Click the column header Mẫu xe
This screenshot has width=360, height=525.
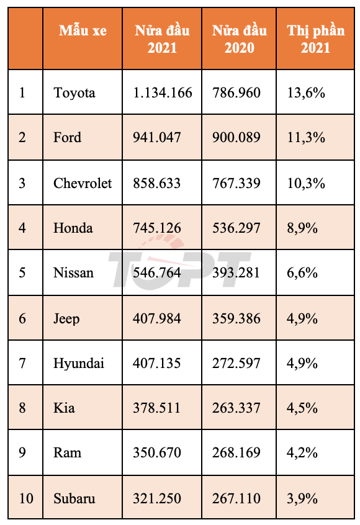click(x=83, y=31)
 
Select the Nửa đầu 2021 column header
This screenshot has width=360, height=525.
click(x=162, y=39)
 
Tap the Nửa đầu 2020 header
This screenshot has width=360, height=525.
click(x=239, y=39)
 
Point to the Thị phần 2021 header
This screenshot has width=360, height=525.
click(x=315, y=39)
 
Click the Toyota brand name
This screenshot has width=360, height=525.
click(x=74, y=92)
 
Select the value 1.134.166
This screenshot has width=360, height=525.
click(x=163, y=92)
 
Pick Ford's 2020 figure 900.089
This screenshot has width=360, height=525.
click(x=236, y=137)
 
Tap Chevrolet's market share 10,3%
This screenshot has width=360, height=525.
click(x=306, y=183)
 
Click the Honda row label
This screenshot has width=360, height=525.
click(x=73, y=228)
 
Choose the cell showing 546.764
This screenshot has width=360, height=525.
click(x=157, y=272)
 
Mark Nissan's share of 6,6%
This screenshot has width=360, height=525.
click(x=302, y=273)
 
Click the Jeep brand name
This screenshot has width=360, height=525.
click(x=66, y=318)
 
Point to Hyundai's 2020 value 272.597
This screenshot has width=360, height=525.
click(x=236, y=363)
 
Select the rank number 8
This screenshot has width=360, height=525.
click(x=22, y=408)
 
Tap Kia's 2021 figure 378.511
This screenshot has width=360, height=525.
click(x=157, y=408)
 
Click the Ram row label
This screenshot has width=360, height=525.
click(x=67, y=452)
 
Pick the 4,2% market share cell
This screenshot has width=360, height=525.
click(x=302, y=452)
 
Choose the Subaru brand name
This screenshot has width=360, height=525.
click(x=74, y=498)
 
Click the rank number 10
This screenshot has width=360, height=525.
click(x=26, y=498)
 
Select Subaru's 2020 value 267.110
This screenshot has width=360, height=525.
click(x=236, y=498)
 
